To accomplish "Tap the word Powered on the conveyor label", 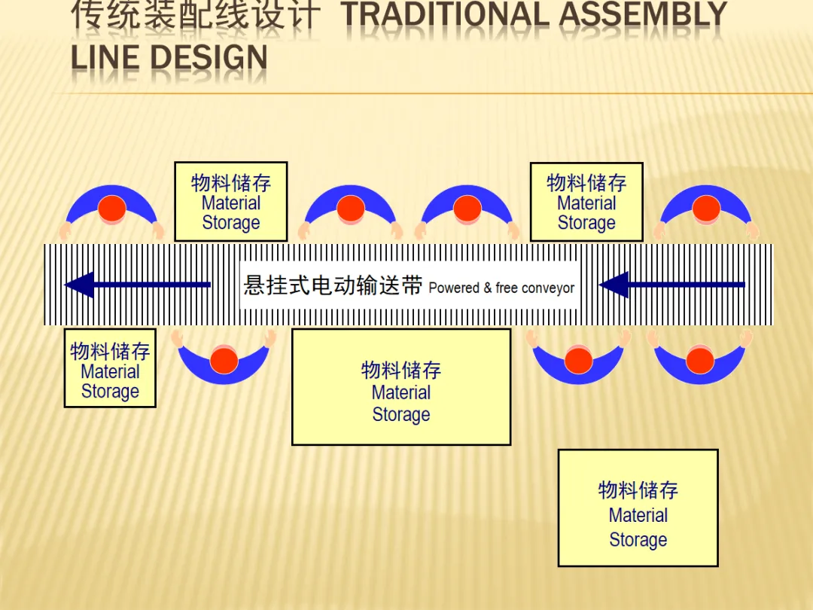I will pos(454,288).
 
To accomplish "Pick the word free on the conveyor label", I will pos(506,288).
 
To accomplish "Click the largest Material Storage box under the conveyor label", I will pos(401,386).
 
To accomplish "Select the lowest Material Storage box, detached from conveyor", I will pos(638,508).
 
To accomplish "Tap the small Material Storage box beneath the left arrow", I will pos(110,368).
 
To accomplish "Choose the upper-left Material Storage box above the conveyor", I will pos(230,201).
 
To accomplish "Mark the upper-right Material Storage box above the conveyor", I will pos(586,201).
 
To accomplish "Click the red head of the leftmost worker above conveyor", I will pos(112,209).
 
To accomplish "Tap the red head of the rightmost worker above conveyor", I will pos(706,209).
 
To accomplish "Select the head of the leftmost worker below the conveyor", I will pos(224,360).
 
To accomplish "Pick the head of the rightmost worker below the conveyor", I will pos(699,360).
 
